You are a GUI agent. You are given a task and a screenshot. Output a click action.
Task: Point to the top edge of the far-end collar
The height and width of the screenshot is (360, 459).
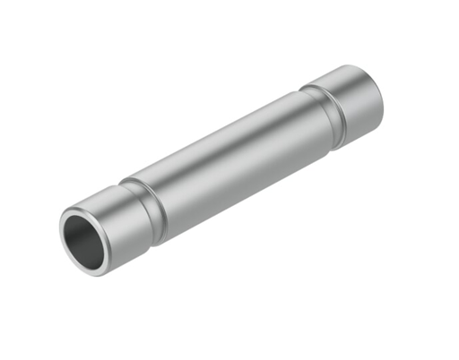(x=345, y=69)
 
